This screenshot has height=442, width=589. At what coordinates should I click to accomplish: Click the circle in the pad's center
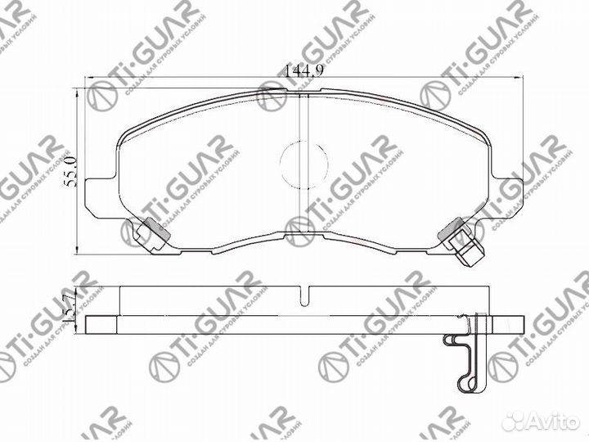point(303,157)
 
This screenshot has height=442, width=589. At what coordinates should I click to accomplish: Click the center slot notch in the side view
point(303,295)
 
